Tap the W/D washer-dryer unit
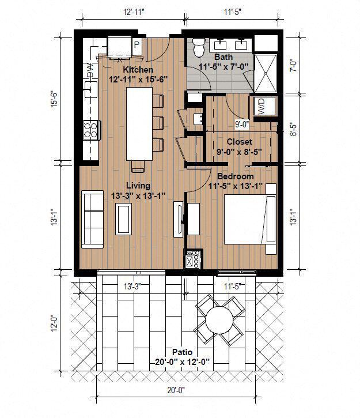pos(263,107)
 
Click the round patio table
pos(219,319)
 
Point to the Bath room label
pos(223,57)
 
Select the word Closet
pos(238,142)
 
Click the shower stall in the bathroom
pos(266,73)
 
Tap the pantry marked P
pos(137,43)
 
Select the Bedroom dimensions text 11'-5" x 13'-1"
pos(236,186)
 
